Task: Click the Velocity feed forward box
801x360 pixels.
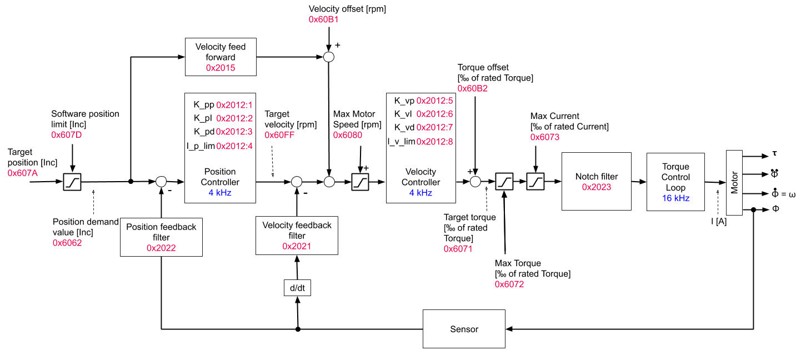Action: click(x=220, y=57)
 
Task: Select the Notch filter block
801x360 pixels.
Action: click(x=597, y=182)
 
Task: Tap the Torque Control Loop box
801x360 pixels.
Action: click(x=675, y=182)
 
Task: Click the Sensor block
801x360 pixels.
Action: click(x=464, y=329)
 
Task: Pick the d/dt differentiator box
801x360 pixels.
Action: click(x=297, y=288)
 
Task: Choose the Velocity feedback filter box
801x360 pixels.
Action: click(x=297, y=236)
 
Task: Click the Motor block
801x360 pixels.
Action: click(x=734, y=182)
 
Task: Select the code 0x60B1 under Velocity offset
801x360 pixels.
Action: click(x=324, y=19)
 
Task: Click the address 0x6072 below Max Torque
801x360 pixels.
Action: click(x=509, y=284)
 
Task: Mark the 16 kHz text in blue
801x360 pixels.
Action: click(x=675, y=198)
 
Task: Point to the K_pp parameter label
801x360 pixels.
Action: click(x=204, y=104)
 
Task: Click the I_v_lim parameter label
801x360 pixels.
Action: click(x=401, y=142)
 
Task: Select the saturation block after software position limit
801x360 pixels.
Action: click(x=72, y=181)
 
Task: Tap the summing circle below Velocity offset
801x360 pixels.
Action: click(x=329, y=57)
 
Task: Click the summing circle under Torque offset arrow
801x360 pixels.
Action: click(x=475, y=181)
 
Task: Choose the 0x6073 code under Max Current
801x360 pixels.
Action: click(x=545, y=137)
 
